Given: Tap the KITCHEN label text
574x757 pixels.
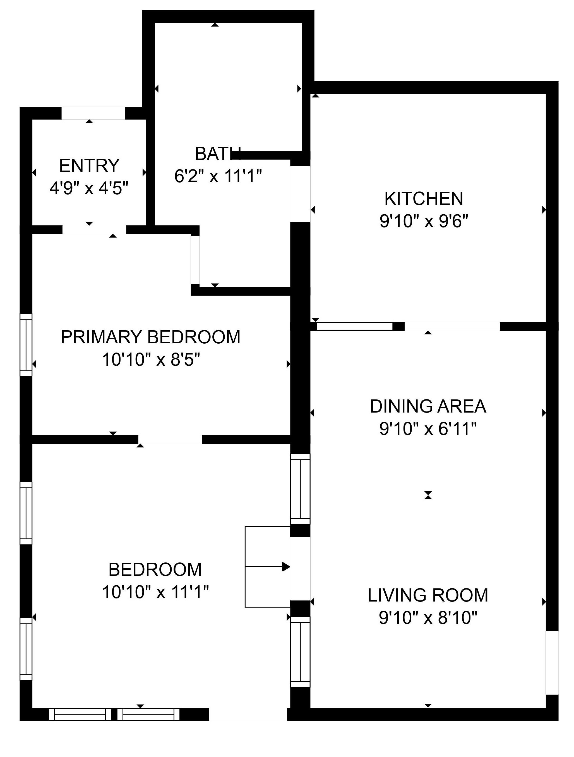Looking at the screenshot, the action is click(x=424, y=199).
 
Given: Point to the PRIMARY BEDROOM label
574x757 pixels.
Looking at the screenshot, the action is click(x=150, y=337).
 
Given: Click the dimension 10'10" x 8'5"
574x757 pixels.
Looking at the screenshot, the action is click(x=151, y=360).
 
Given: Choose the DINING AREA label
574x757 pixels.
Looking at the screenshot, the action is click(x=428, y=406).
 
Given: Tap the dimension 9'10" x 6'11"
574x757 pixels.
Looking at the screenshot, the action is click(x=428, y=429).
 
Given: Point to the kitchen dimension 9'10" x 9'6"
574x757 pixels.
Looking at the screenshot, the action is click(x=424, y=221).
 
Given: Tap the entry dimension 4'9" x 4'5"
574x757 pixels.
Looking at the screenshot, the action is click(x=89, y=188).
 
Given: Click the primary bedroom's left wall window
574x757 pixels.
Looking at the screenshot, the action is click(x=26, y=345).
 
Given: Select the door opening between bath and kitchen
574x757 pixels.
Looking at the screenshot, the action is click(x=300, y=194).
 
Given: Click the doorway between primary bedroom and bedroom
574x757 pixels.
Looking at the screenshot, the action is click(x=170, y=439).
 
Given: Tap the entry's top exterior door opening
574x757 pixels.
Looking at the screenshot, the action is click(x=93, y=113).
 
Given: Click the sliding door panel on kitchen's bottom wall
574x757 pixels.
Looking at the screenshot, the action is click(x=354, y=326).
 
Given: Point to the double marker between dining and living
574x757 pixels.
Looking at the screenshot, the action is click(x=428, y=495).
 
